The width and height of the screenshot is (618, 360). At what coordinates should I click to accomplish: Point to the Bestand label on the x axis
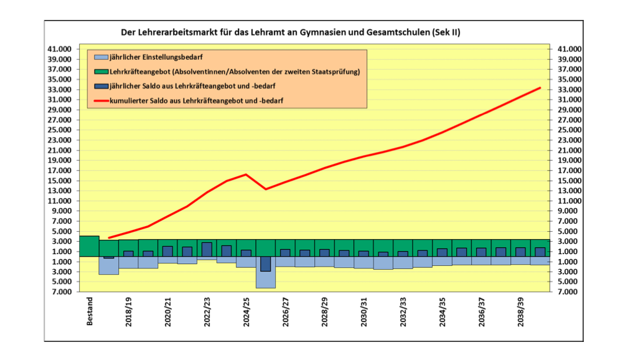(89, 310)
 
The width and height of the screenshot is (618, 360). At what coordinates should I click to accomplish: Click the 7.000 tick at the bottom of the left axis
(61, 291)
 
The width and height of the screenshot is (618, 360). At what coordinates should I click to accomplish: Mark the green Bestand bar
(90, 246)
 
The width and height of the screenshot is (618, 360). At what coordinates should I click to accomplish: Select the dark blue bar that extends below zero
(266, 263)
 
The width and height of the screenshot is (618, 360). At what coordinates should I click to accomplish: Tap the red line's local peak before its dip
(246, 174)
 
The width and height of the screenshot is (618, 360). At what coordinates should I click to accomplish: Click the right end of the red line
(540, 88)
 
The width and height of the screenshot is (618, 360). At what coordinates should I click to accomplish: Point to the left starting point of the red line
(109, 238)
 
